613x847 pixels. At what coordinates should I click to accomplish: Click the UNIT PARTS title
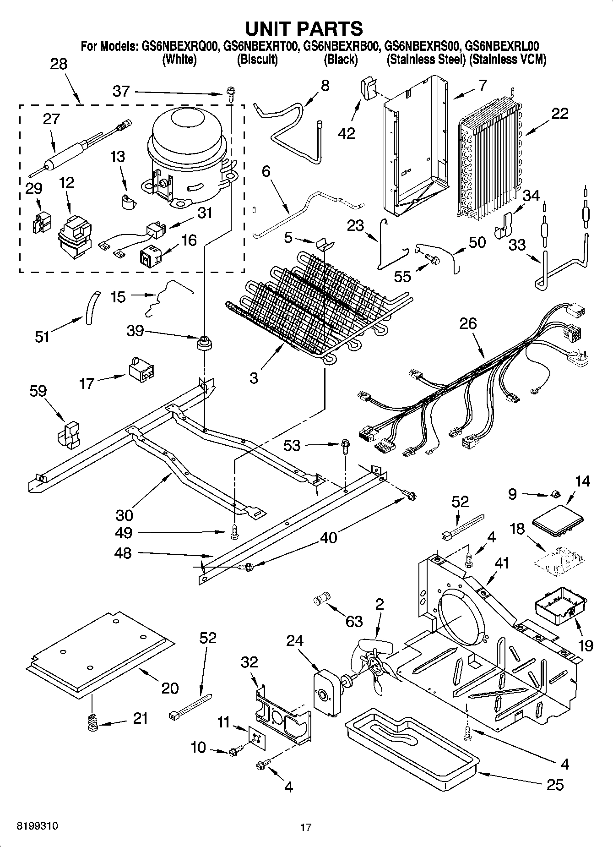(304, 28)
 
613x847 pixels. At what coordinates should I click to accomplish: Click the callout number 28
(58, 64)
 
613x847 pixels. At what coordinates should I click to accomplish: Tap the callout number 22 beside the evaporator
(559, 114)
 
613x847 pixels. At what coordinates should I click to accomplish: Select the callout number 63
(354, 621)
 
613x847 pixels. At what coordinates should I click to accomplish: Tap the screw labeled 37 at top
(230, 95)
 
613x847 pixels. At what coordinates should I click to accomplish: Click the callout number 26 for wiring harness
(468, 323)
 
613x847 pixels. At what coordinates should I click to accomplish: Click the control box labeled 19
(561, 606)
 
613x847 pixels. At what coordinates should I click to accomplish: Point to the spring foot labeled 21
(93, 723)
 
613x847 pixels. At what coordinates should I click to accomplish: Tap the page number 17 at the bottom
(306, 827)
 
